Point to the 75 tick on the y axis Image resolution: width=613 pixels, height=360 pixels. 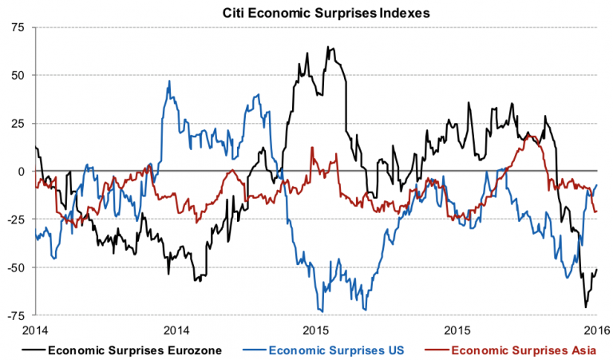point(18,27)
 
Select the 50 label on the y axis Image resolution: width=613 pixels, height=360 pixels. point(18,75)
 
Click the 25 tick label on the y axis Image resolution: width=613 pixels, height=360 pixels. point(18,123)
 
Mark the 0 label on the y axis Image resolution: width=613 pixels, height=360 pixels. point(22,171)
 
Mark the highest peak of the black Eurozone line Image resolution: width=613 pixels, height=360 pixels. point(328,47)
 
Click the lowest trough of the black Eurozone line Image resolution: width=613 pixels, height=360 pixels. point(586,307)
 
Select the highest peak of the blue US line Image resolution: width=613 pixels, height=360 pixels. point(169,81)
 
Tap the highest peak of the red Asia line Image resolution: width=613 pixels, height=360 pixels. point(312,148)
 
